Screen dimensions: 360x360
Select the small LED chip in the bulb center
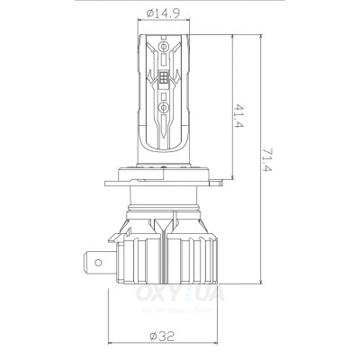(x=164, y=83)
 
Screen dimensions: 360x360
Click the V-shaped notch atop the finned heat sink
(x=165, y=223)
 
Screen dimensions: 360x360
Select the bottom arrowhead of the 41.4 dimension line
(x=236, y=177)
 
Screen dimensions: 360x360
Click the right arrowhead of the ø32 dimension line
(x=220, y=346)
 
